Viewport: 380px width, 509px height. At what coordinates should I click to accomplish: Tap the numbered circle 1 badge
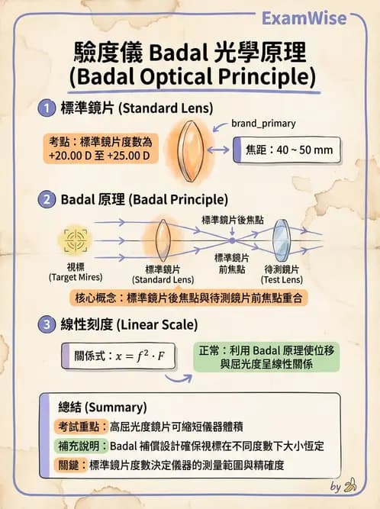point(47,108)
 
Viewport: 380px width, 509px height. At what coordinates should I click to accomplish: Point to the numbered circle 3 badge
point(47,324)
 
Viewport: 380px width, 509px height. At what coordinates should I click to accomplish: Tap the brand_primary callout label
point(263,123)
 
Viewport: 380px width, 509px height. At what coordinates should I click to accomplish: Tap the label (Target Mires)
point(75,276)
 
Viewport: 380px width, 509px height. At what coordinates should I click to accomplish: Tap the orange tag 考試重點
point(82,427)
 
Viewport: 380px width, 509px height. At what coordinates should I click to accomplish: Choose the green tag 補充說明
point(82,446)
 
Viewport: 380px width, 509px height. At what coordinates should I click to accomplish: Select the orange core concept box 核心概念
point(190,297)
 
